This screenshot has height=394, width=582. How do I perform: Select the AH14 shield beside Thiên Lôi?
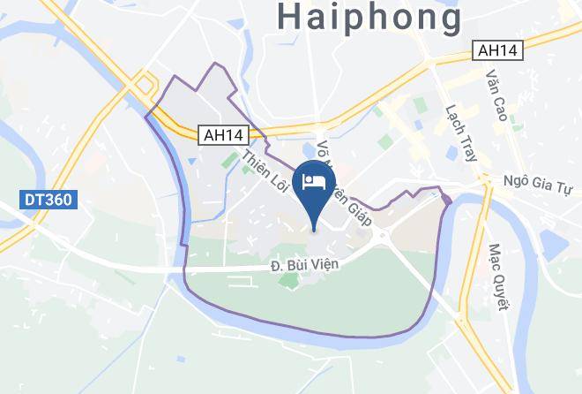tap(223, 135)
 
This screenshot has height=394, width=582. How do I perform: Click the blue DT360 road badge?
tap(48, 201)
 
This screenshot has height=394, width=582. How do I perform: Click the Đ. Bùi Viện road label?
tap(304, 264)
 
